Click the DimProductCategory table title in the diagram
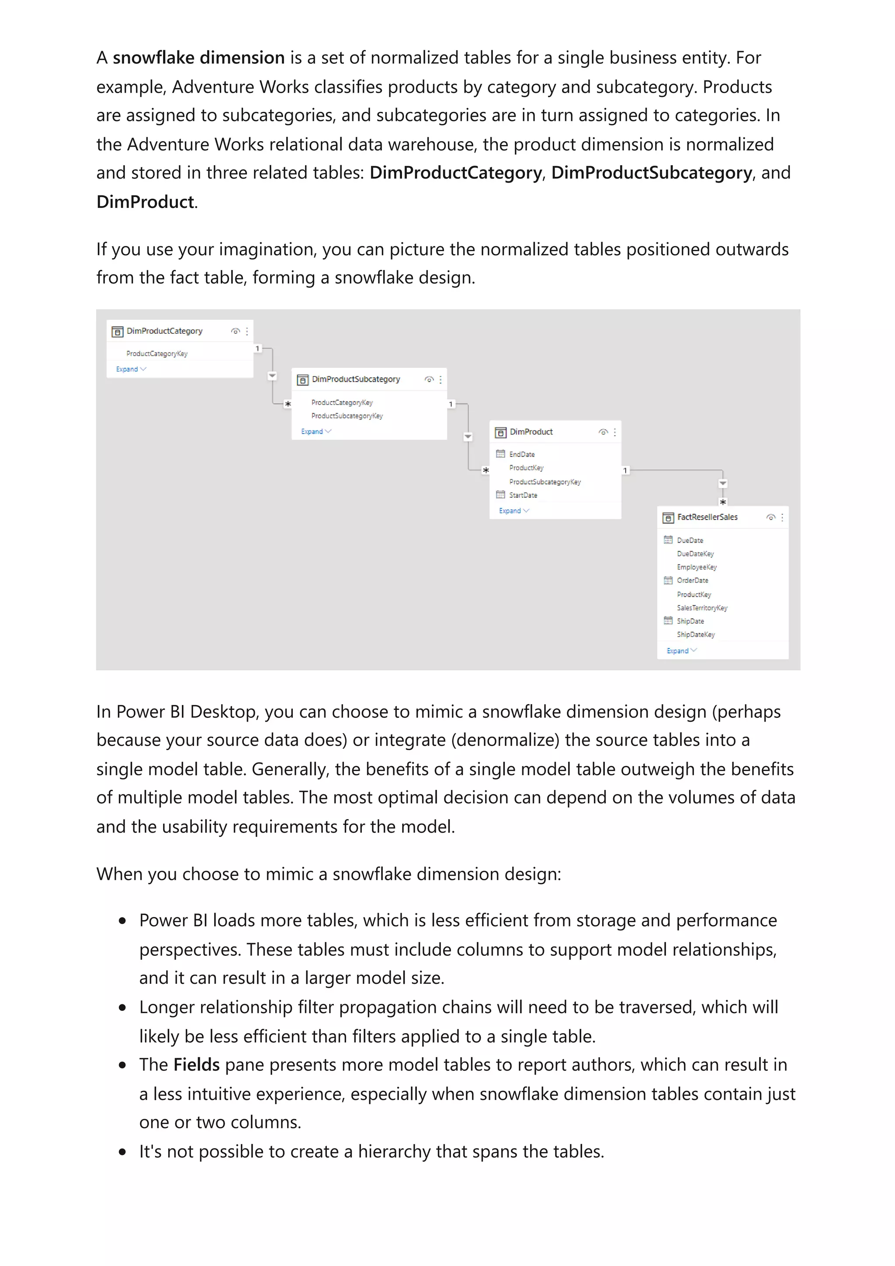164,331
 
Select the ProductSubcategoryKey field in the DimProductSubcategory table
347,416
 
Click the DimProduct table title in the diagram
531,432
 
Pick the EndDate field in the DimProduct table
522,454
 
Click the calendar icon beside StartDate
500,495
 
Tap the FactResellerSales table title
707,517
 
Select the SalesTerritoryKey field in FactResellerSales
702,608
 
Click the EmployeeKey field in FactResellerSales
697,567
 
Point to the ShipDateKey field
695,635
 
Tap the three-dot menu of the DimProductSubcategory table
441,379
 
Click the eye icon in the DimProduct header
603,432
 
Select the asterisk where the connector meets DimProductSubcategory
287,405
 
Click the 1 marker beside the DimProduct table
625,470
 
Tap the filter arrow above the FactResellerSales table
722,484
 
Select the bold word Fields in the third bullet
196,1065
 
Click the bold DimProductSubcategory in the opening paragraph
651,173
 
